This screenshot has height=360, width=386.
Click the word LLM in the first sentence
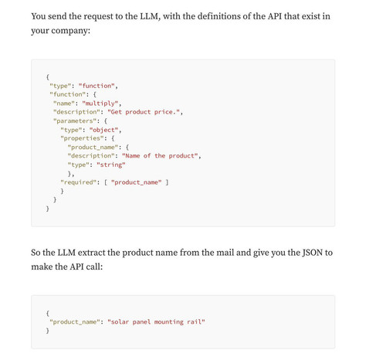(149, 16)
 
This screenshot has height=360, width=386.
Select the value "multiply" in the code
(100, 104)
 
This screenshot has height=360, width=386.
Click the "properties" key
(82, 138)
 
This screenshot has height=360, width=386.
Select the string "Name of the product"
(160, 156)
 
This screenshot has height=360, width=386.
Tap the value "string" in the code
(111, 165)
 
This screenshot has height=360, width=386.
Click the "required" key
(78, 182)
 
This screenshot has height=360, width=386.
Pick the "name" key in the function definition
(64, 104)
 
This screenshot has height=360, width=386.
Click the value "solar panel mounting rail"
(156, 322)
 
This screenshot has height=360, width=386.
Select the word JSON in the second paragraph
(313, 253)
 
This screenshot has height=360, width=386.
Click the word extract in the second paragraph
(91, 253)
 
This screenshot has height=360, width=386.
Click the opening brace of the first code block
(48, 76)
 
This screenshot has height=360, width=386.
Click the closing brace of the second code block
(48, 331)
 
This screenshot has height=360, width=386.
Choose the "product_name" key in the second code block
(75, 322)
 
